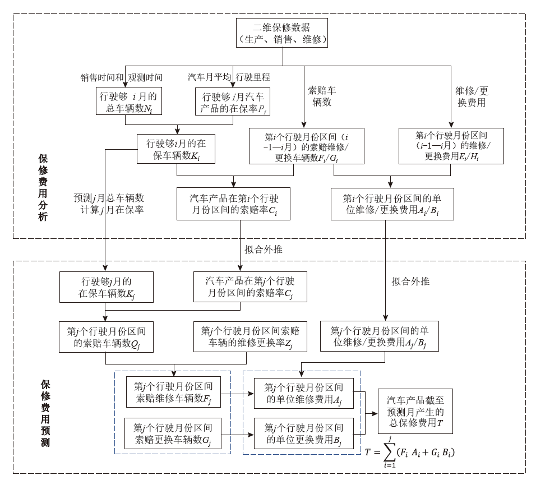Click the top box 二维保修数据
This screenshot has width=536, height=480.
[x=282, y=33]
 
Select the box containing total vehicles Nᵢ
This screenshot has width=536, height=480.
[x=129, y=101]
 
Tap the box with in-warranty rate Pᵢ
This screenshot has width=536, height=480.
[x=232, y=101]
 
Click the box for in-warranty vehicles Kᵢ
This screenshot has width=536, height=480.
[x=175, y=149]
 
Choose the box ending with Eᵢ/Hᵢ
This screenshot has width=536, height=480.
[x=451, y=146]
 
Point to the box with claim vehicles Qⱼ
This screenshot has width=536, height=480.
[x=106, y=336]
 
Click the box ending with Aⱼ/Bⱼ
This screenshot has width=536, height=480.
[x=380, y=336]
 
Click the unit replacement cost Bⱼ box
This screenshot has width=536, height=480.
[x=304, y=433]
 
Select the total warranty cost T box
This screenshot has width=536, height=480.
[x=415, y=411]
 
